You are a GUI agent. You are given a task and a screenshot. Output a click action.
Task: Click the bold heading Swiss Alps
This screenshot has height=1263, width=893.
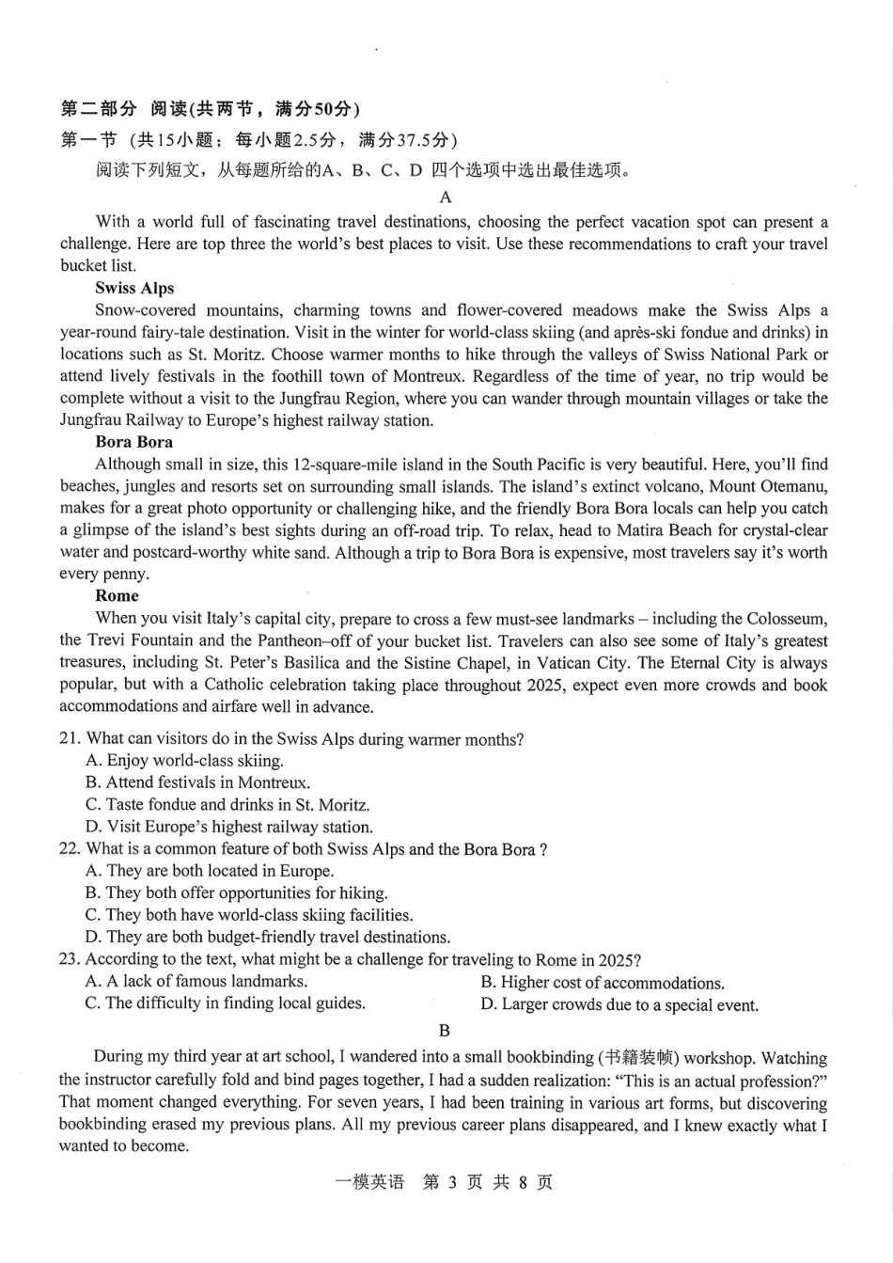click(x=134, y=289)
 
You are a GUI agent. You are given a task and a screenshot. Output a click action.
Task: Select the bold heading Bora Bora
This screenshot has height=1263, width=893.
click(x=133, y=442)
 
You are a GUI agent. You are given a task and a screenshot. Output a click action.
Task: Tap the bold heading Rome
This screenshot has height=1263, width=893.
click(x=117, y=596)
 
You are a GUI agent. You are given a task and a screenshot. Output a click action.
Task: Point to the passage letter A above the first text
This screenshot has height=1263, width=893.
click(x=446, y=197)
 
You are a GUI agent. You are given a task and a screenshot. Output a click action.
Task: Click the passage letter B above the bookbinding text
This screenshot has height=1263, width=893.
click(x=445, y=1031)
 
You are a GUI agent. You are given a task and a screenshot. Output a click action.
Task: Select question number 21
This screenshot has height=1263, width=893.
click(x=70, y=740)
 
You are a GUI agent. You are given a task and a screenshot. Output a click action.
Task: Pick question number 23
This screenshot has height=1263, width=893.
click(x=69, y=959)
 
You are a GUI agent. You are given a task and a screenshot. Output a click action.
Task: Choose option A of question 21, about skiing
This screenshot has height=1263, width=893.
click(x=184, y=761)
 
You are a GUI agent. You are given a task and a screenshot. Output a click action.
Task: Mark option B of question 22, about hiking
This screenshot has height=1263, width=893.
click(x=236, y=893)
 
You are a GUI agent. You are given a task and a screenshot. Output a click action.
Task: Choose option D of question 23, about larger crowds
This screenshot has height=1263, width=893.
click(x=619, y=1005)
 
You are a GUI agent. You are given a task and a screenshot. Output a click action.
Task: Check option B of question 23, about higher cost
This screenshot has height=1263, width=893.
click(x=602, y=983)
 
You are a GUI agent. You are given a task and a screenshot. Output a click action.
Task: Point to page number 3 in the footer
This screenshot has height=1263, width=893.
click(x=451, y=1182)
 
